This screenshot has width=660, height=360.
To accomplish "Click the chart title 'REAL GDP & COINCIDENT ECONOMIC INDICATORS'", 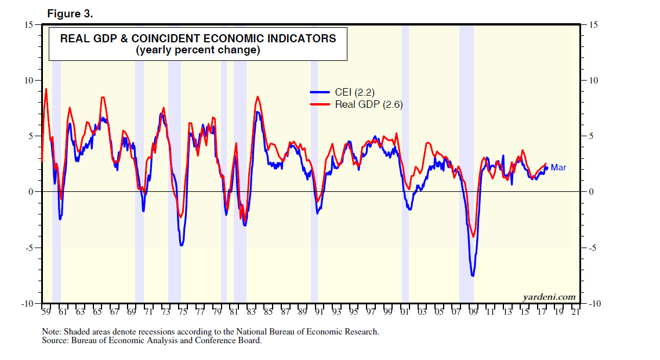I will point(198,39).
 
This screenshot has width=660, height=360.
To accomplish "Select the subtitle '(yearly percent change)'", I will point(198,50).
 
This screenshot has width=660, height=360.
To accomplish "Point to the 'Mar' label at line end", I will point(558,168).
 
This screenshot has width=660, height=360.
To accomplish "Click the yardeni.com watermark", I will point(549,297).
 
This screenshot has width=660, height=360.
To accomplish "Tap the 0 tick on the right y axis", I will point(591,192).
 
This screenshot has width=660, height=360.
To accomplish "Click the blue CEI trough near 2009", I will point(473,275).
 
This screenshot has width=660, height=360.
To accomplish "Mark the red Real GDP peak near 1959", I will point(46,89).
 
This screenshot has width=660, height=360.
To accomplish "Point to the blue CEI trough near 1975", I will point(182,245).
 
